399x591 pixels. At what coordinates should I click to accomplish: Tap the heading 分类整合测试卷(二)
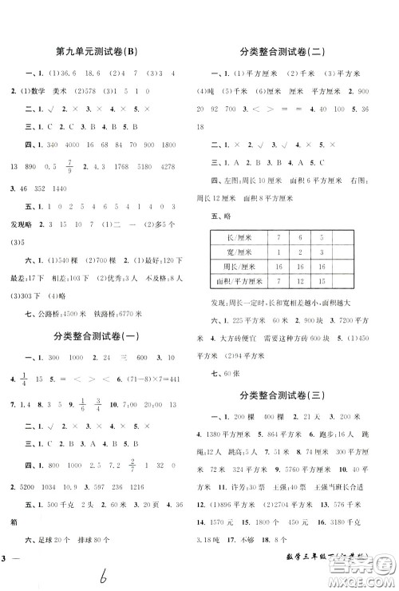pos(296,54)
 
